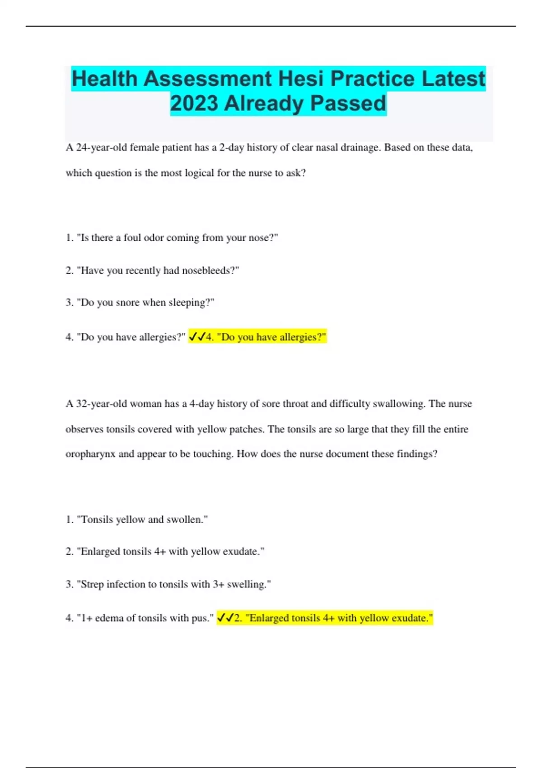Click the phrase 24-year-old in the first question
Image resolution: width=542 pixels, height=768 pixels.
tap(102, 148)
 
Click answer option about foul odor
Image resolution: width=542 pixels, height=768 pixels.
tap(172, 238)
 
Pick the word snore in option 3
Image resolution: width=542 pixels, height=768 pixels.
tap(127, 303)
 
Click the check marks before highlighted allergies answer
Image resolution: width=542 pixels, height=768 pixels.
tap(197, 337)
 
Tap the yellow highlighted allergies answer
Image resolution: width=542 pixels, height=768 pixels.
tap(266, 337)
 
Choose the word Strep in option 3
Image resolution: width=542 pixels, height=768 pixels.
tap(92, 585)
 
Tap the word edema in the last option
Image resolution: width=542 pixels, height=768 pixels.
tap(108, 618)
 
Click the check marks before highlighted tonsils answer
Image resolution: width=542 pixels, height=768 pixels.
tap(226, 618)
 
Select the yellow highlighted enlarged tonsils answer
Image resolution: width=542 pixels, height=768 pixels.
tap(333, 618)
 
